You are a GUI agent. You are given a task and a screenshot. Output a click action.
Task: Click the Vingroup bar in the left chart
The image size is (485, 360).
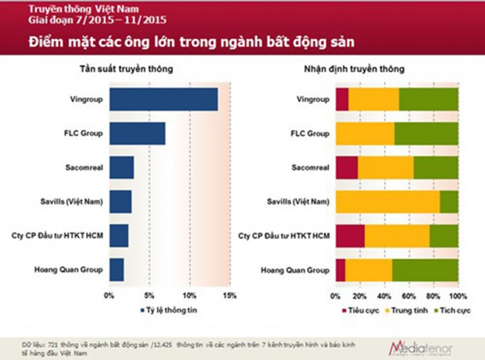pyautogui.click(x=163, y=100)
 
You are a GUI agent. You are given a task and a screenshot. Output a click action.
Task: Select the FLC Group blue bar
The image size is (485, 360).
pyautogui.click(x=137, y=134)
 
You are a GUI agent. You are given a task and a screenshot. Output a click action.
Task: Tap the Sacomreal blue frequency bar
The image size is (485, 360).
pyautogui.click(x=121, y=167)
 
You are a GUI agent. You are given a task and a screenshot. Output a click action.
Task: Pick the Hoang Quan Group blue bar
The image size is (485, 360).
pyautogui.click(x=116, y=270)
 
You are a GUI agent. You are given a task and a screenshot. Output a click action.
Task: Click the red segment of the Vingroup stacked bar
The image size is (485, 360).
pyautogui.click(x=342, y=100)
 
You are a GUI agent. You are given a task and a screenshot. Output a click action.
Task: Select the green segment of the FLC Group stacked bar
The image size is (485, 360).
pyautogui.click(x=426, y=134)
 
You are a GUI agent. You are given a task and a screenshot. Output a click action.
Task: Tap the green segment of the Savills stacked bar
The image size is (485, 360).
pyautogui.click(x=449, y=201)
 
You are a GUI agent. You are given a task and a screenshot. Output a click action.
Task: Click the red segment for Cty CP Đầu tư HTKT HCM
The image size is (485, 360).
pyautogui.click(x=350, y=236)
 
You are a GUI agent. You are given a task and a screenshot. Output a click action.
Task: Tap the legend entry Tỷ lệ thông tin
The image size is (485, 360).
pyautogui.click(x=171, y=311)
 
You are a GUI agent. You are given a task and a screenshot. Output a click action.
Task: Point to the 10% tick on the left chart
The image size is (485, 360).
pyautogui.click(x=189, y=296)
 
